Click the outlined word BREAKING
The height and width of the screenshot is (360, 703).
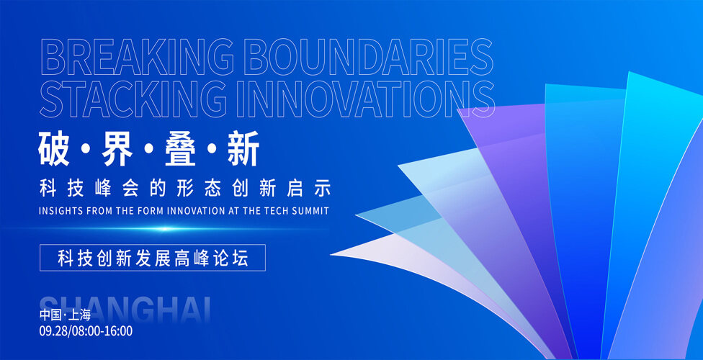click(137, 58)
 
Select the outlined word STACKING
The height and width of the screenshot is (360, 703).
click(133, 99)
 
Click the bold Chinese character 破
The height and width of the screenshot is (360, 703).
click(54, 148)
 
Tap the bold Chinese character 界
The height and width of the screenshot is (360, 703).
click(117, 148)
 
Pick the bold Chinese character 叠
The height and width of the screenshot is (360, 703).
click(181, 148)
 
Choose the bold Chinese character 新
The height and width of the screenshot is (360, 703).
click(244, 148)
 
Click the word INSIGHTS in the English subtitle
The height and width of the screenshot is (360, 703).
click(56, 211)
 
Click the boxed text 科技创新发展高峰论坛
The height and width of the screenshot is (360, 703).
click(153, 258)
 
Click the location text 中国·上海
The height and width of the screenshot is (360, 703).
click(65, 315)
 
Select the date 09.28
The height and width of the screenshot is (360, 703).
click(53, 331)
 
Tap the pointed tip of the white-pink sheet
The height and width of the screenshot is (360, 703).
click(331, 255)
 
